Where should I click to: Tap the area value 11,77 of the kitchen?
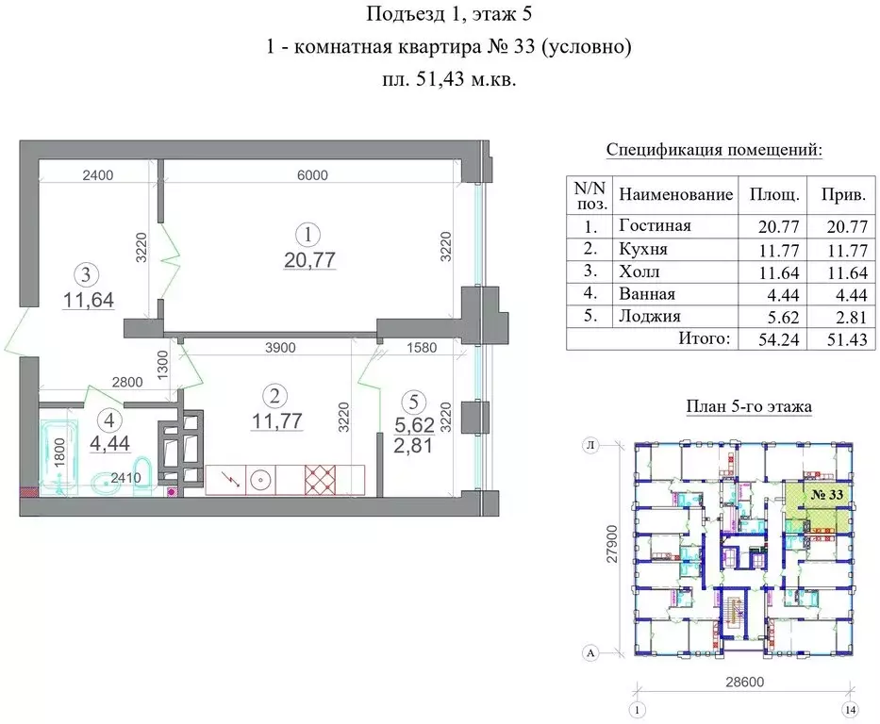[x=276, y=421]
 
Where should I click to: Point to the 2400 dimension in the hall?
[x=97, y=174]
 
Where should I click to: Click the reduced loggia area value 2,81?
[x=413, y=446]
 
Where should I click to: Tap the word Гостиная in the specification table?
[x=655, y=225]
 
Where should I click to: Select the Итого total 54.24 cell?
[x=773, y=339]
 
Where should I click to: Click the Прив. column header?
[x=844, y=195]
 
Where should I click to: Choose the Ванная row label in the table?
[x=648, y=294]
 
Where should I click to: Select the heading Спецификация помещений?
[x=713, y=150]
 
